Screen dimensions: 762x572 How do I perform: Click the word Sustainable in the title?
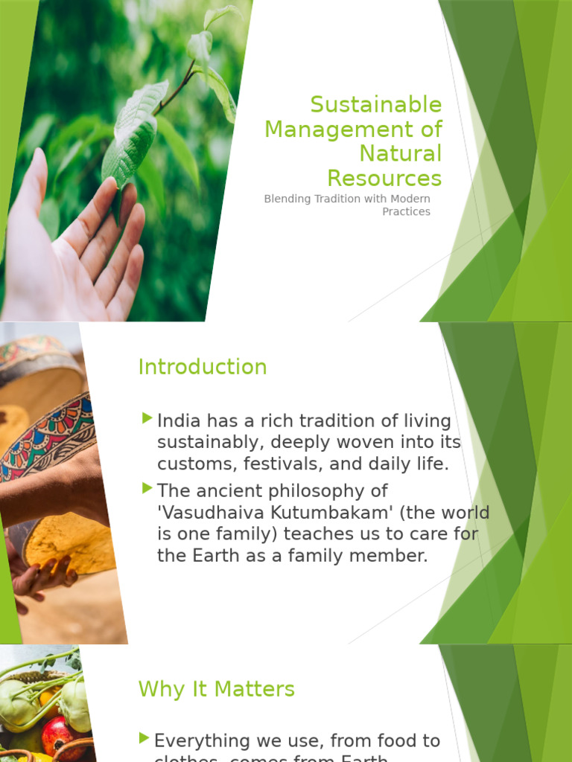click(375, 105)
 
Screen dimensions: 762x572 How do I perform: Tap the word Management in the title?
click(333, 129)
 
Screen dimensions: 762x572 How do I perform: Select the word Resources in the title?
click(384, 179)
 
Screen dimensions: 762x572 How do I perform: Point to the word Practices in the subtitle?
click(406, 212)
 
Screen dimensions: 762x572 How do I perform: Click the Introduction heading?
click(202, 367)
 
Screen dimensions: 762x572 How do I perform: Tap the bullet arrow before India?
click(147, 418)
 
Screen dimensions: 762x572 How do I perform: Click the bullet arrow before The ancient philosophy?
click(147, 488)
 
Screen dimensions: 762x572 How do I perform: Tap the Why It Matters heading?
click(216, 689)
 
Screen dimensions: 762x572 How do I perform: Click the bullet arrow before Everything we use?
click(144, 738)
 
